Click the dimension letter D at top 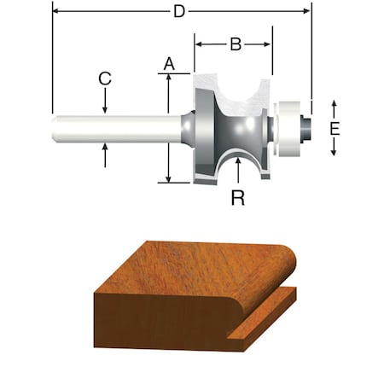pyautogui.click(x=179, y=11)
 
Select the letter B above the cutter pyautogui.click(x=236, y=42)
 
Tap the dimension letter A pyautogui.click(x=169, y=63)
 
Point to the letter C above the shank pyautogui.click(x=105, y=79)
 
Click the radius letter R pyautogui.click(x=238, y=198)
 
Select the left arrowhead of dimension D pyautogui.click(x=55, y=11)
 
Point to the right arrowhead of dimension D pyautogui.click(x=306, y=11)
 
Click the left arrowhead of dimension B pyautogui.click(x=198, y=42)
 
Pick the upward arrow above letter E pyautogui.click(x=335, y=104)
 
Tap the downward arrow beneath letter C pyautogui.click(x=105, y=108)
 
